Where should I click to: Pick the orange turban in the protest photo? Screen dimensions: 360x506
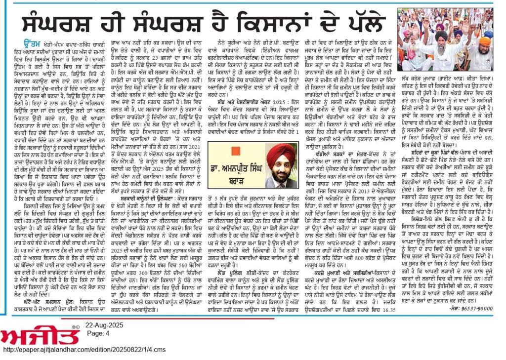[486, 40]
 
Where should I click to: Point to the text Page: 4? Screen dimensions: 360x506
[97, 333]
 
